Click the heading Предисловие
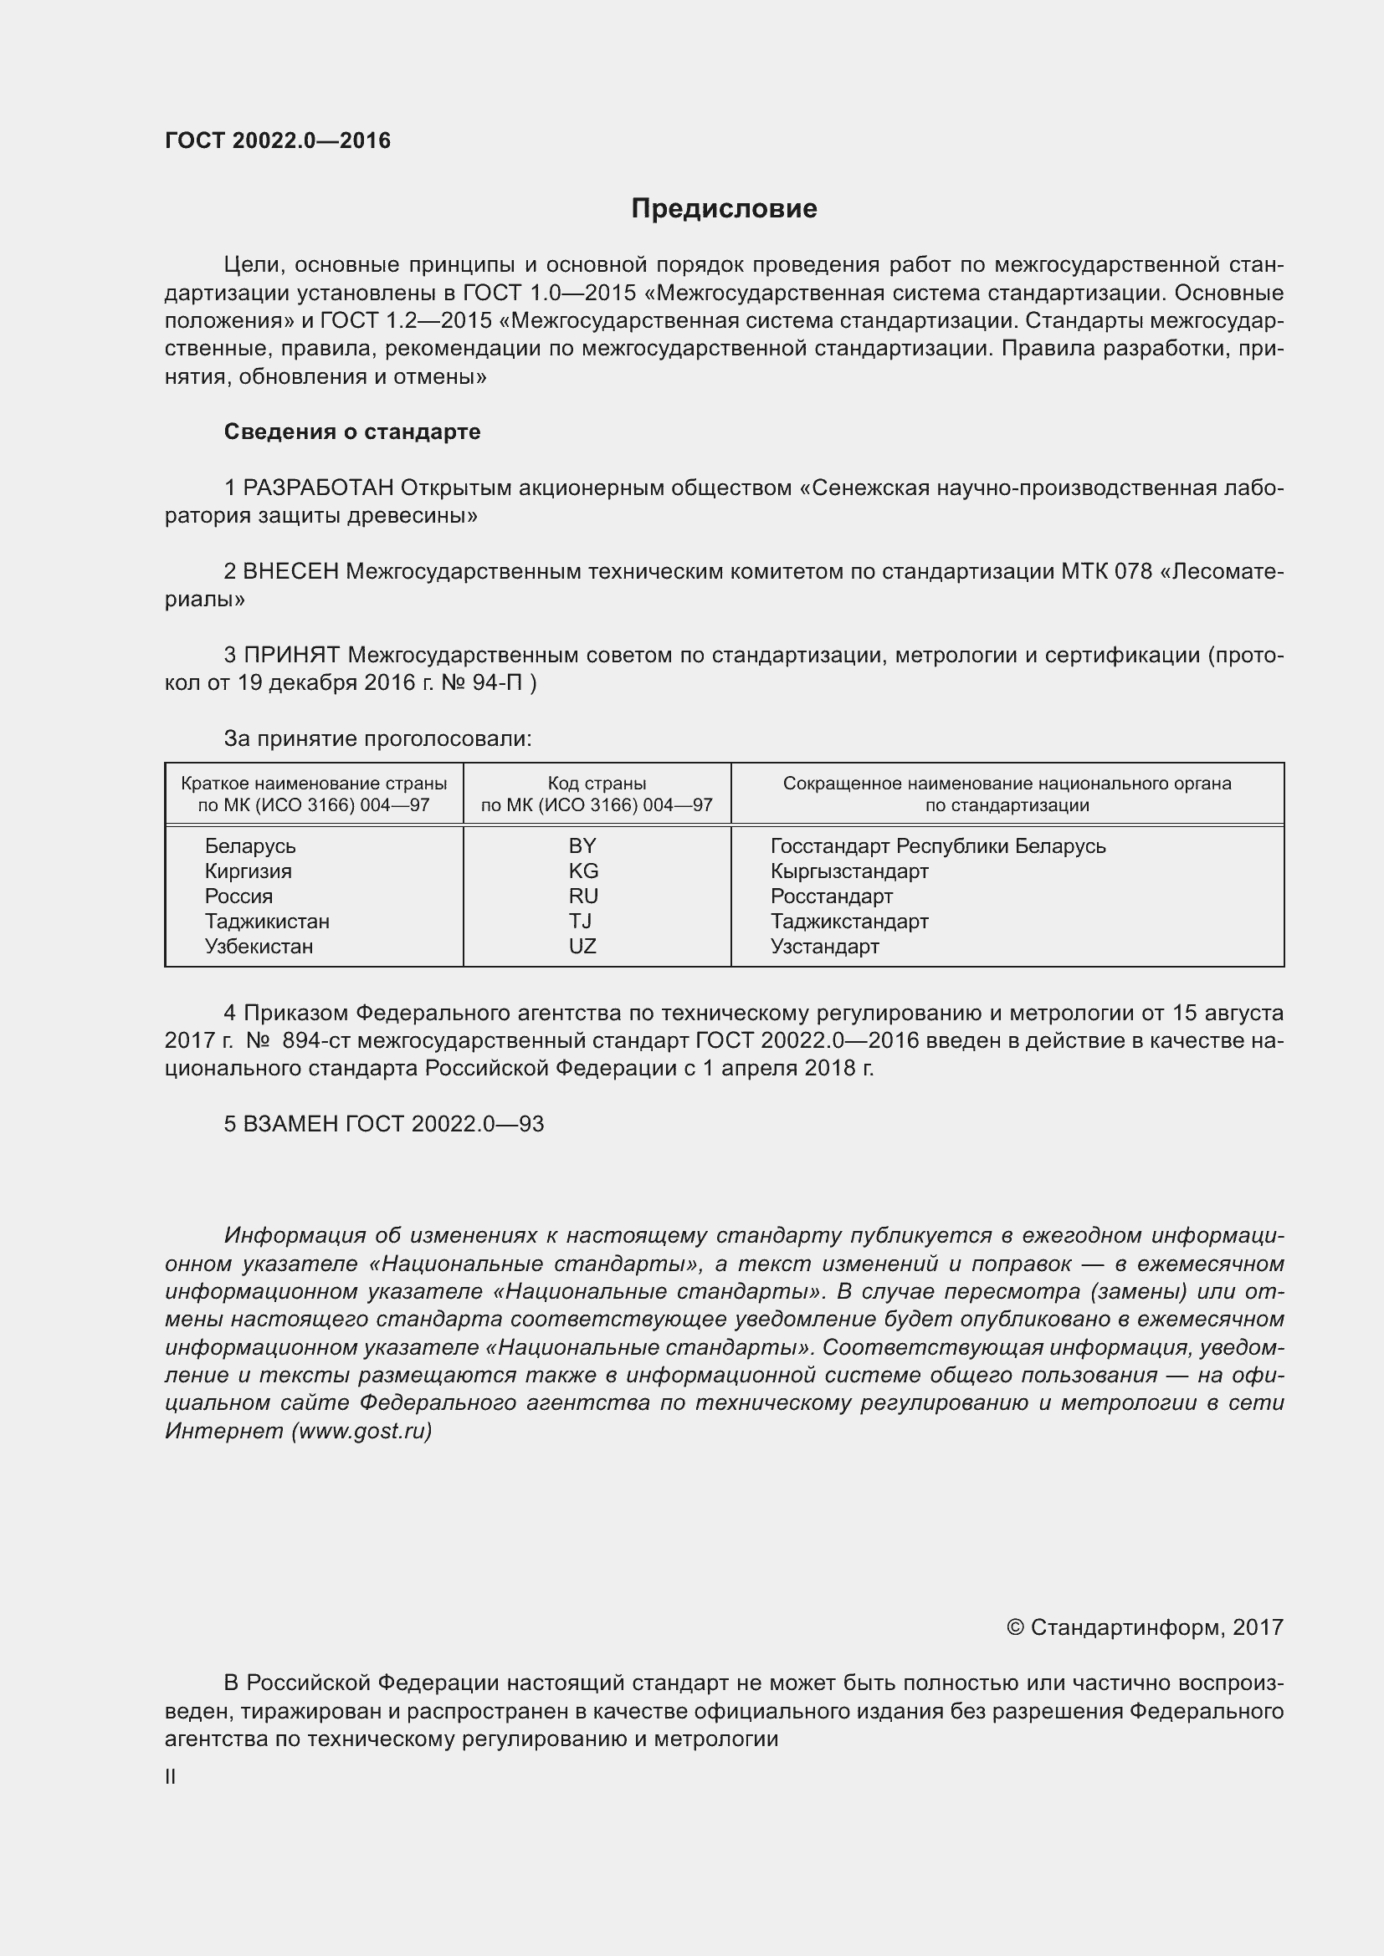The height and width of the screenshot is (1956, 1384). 724,209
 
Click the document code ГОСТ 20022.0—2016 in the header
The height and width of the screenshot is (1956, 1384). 277,140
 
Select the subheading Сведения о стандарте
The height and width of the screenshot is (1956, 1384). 352,432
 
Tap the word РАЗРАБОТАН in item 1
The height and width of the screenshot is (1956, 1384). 318,488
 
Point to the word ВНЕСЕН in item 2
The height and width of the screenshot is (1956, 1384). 290,572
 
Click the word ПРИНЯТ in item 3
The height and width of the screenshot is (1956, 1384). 291,655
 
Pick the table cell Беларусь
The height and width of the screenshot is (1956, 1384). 249,846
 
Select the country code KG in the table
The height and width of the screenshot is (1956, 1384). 583,871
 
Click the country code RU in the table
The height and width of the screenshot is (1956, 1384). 583,896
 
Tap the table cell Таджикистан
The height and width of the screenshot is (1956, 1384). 267,921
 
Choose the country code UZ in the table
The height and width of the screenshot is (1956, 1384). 582,947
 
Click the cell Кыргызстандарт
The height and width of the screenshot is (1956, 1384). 848,871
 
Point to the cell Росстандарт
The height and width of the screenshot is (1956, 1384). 831,896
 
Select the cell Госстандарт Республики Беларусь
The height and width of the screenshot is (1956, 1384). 937,846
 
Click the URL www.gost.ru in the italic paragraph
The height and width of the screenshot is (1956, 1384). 361,1431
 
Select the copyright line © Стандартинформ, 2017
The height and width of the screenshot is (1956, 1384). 1144,1627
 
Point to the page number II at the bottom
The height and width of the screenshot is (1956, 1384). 171,1777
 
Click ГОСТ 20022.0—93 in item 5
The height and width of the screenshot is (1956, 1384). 444,1124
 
